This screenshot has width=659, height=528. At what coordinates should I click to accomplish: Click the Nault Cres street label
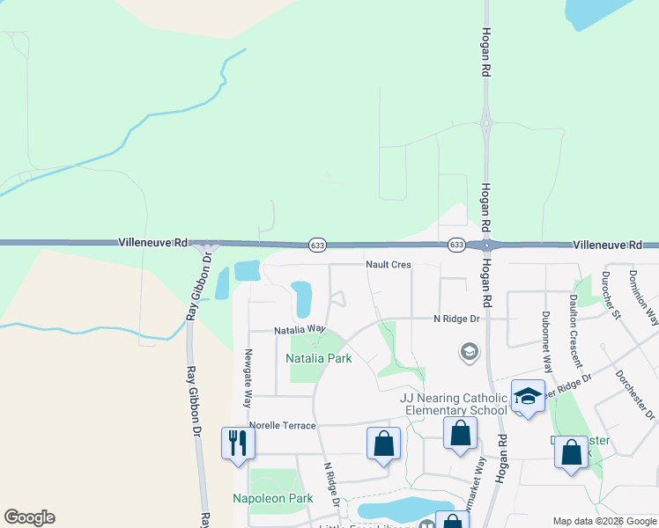point(389,264)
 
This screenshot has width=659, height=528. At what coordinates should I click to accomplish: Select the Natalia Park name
point(319,358)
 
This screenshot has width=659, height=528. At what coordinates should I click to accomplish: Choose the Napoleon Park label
point(273,499)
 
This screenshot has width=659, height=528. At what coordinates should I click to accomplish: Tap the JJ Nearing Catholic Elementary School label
point(454,404)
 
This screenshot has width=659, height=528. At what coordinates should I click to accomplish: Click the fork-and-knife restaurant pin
point(237,442)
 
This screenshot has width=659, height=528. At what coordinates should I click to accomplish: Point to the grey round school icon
point(470,353)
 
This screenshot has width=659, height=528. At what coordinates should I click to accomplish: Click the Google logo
point(29,517)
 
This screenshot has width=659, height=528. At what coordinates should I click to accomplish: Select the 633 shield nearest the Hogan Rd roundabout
point(455,245)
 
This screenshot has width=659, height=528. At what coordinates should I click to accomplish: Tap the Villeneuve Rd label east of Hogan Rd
point(615,246)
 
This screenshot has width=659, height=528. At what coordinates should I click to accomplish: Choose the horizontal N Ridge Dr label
point(455,319)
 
